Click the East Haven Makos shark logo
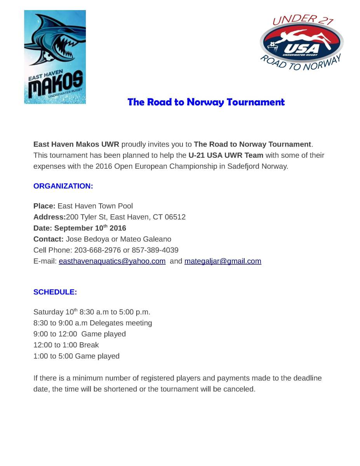point(55,57)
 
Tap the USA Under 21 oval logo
point(301,43)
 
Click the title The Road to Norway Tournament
point(206,102)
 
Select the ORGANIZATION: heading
point(63,186)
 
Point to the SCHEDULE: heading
point(55,292)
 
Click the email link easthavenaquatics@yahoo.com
point(112,261)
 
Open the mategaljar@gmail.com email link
point(223,261)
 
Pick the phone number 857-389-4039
point(155,250)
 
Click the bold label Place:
point(44,206)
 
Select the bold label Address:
point(49,217)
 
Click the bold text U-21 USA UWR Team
point(226,155)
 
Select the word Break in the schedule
point(89,345)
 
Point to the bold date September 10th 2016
point(90,228)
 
